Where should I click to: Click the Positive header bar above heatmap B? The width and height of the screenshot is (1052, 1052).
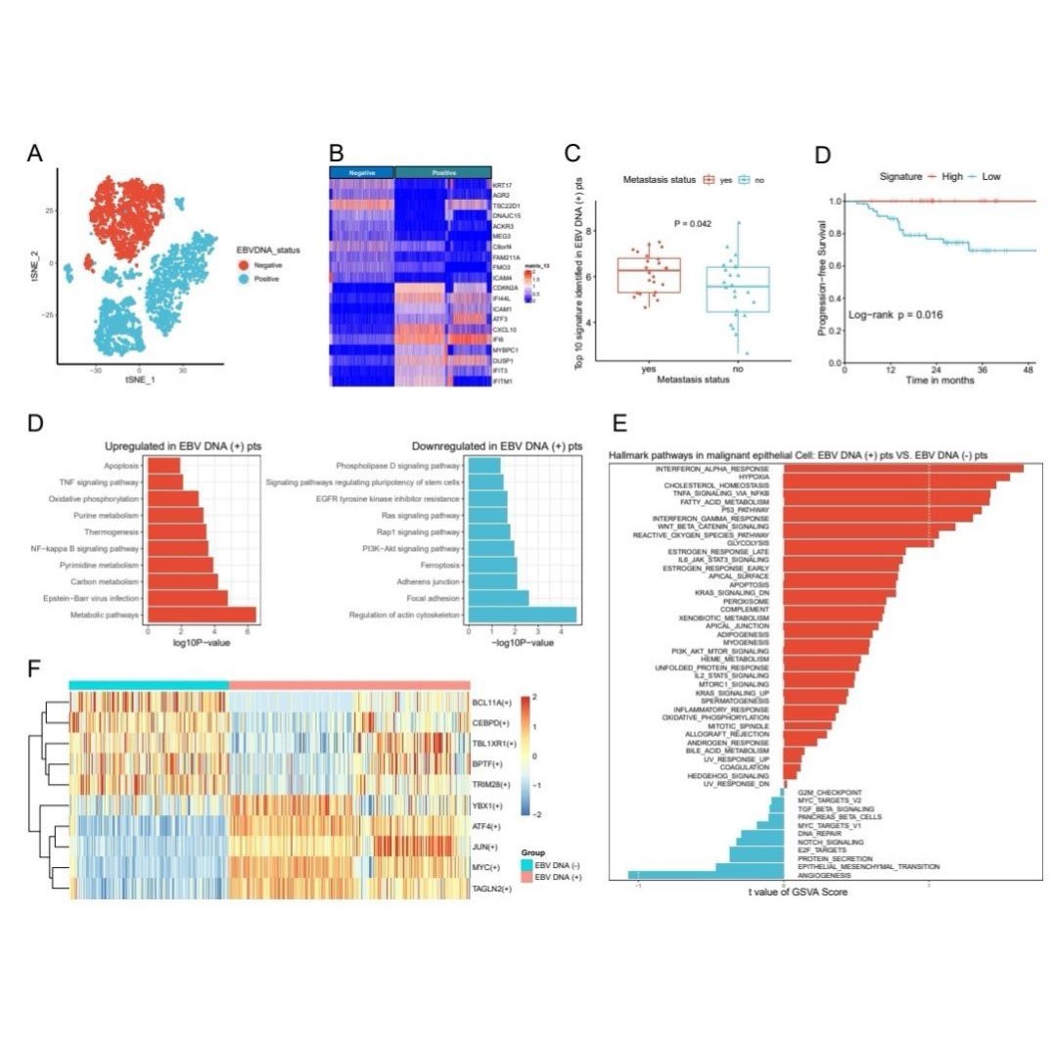pos(442,171)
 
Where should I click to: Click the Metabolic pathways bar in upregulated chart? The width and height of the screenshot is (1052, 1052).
pos(202,615)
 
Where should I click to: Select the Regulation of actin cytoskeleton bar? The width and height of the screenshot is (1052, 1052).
pos(522,615)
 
